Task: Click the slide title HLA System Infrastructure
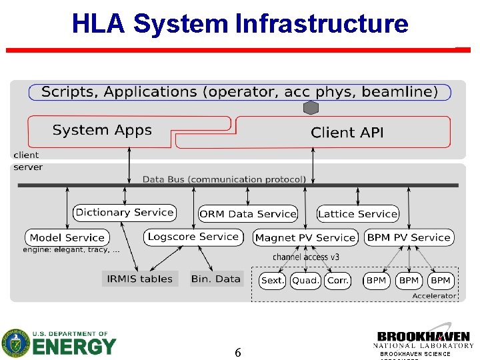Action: tap(240, 23)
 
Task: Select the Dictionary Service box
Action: tap(125, 213)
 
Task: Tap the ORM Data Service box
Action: tap(248, 214)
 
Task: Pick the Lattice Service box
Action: tap(357, 214)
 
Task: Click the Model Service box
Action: tap(67, 237)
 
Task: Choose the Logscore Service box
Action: tap(193, 237)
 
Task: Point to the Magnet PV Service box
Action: tap(305, 237)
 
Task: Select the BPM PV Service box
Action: tap(409, 237)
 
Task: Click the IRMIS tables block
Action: tap(140, 279)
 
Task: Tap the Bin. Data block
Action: tap(215, 279)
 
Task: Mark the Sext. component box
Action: tap(272, 281)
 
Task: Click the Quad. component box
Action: tap(305, 281)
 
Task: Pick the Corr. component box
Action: tap(338, 281)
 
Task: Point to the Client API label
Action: tap(347, 133)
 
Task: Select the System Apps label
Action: tap(102, 130)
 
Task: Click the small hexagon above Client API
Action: tap(311, 108)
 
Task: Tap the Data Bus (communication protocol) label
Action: tap(224, 179)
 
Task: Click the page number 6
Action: tap(238, 352)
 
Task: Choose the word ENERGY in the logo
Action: tap(74, 347)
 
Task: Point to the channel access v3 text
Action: tap(305, 257)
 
